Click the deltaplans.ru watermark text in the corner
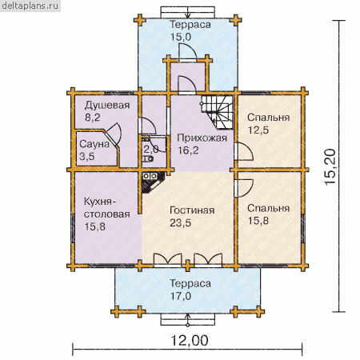pos(30,6)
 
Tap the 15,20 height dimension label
pos(330,166)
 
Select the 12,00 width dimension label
pos(190,341)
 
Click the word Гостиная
pos(192,210)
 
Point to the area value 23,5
pos(181,223)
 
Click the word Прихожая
pos(202,138)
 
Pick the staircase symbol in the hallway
pos(218,112)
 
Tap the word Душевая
pos(107,106)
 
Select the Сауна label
pos(94,144)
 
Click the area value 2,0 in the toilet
pos(151,149)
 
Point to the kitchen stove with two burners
pos(150,176)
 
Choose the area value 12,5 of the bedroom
pos(258,130)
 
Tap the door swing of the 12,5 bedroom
pos(244,151)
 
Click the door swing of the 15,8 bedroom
pos(244,188)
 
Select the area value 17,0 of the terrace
pos(181,296)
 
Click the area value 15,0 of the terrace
pos(181,37)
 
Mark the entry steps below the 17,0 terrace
pos(188,319)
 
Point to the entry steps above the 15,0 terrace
pos(188,12)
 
